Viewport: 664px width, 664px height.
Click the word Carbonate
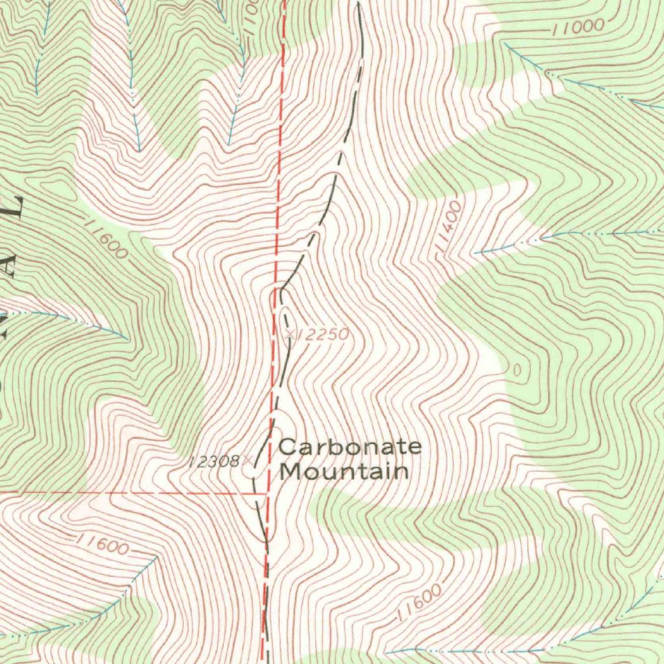click(350, 447)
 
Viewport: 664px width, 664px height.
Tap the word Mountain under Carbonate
click(344, 471)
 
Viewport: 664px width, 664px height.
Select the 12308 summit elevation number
click(213, 462)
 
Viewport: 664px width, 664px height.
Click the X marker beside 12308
click(246, 461)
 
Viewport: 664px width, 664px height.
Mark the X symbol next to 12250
click(290, 334)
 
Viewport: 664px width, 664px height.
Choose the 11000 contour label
click(578, 27)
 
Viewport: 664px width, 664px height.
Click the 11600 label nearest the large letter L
click(106, 240)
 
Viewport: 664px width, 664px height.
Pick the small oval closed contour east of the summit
click(517, 370)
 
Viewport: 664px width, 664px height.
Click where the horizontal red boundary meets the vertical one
click(266, 492)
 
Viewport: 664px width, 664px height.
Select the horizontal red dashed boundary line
click(130, 492)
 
